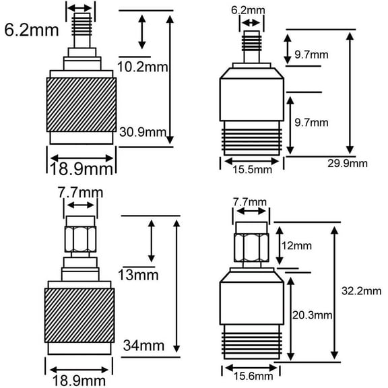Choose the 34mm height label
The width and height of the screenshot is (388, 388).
143,346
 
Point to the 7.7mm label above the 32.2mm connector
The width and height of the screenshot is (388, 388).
249,202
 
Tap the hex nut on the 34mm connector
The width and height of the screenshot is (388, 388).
81,239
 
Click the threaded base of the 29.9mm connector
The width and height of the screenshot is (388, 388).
252,139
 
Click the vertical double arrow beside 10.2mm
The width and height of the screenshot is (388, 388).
141,31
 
